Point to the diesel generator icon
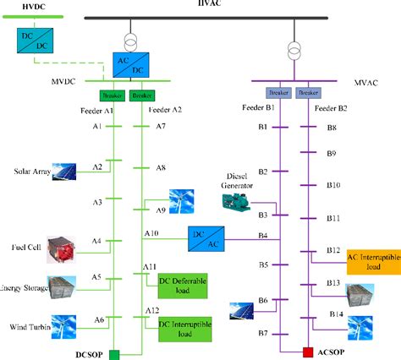[x=239, y=201]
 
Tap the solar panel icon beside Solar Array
[x=64, y=172]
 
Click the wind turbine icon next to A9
[x=181, y=199]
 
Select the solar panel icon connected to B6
[x=239, y=311]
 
